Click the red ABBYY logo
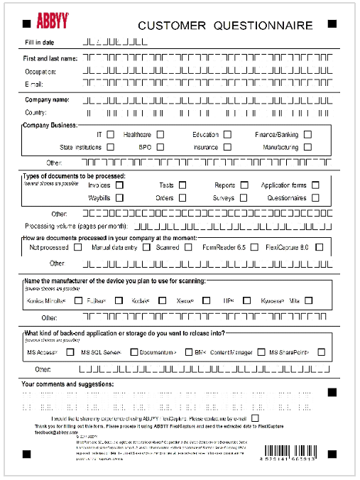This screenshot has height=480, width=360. pyautogui.click(x=33, y=21)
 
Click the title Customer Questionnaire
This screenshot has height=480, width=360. pyautogui.click(x=225, y=26)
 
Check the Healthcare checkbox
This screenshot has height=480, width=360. pyautogui.click(x=180, y=134)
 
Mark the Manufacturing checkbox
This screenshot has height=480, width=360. pyautogui.click(x=307, y=147)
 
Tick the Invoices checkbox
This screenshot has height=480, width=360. pyautogui.click(x=119, y=185)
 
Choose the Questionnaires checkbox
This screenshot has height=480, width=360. pyautogui.click(x=315, y=198)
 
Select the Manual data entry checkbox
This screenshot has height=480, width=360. pyautogui.click(x=146, y=248)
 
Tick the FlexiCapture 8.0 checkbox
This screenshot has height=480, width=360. pyautogui.click(x=319, y=248)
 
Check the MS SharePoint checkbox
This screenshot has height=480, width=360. pyautogui.click(x=322, y=351)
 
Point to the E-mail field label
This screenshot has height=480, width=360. pyautogui.click(x=34, y=84)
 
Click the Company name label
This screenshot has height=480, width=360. pyautogui.click(x=47, y=99)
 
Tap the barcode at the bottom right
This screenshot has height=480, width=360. pyautogui.click(x=303, y=452)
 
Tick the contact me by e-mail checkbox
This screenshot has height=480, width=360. pyautogui.click(x=254, y=418)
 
